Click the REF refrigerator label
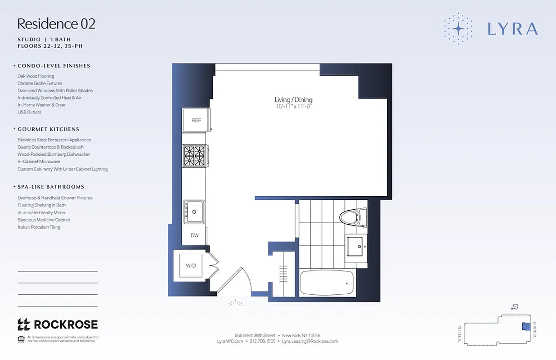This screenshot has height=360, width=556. click(x=196, y=120)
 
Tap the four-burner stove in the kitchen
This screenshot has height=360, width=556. click(x=194, y=156)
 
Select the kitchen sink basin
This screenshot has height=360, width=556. click(x=194, y=211)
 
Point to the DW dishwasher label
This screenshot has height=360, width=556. click(x=194, y=235)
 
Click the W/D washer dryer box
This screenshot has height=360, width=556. click(x=191, y=265)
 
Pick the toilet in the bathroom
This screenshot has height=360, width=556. click(x=351, y=218)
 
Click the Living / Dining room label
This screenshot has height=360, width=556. click(x=293, y=100)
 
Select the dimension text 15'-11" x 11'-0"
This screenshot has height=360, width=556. click(x=293, y=107)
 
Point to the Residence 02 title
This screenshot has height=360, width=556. click(x=56, y=24)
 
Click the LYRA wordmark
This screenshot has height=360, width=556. click(x=512, y=29)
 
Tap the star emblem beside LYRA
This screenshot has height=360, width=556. click(x=458, y=29)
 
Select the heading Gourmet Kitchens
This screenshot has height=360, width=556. click(x=48, y=129)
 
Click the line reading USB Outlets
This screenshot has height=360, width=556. click(x=29, y=112)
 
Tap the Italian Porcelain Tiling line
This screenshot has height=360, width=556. click(x=39, y=227)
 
